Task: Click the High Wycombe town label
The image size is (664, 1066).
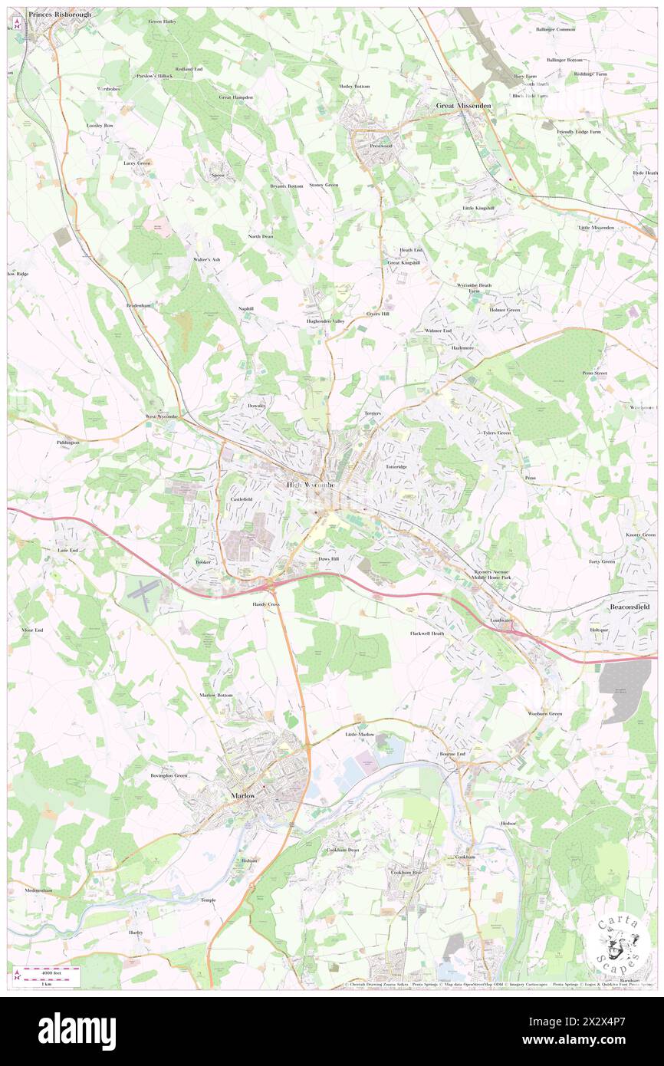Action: click(x=311, y=485)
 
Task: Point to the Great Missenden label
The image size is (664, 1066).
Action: click(x=463, y=106)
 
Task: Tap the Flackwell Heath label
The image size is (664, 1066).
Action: click(x=427, y=633)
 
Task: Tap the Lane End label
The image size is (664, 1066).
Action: click(x=68, y=551)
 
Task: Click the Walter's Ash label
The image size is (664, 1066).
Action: click(x=206, y=259)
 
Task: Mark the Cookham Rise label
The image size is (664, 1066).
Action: click(x=406, y=872)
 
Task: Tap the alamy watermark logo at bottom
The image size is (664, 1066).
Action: click(x=77, y=1030)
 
